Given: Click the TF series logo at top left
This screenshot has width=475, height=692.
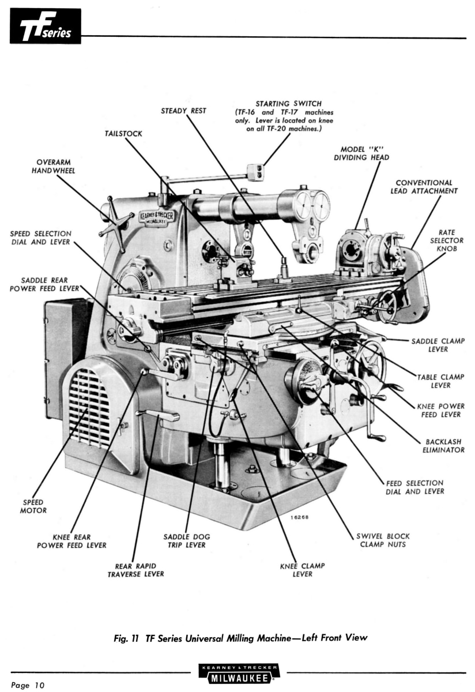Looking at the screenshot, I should pos(45,26).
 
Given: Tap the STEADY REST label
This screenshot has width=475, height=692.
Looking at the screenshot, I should pos(183,110).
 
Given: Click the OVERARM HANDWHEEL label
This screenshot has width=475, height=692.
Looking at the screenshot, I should pos(56,166).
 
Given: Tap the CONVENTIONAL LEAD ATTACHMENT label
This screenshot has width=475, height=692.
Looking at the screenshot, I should pos(424,187).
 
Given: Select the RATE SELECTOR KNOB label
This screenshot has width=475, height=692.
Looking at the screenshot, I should pos(447,240).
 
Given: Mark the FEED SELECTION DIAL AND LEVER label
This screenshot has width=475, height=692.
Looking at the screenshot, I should pos(414,487).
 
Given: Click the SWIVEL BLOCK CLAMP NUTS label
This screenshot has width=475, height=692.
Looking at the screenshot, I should pos(382,540).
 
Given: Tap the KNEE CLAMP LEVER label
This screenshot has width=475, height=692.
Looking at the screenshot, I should pos(302,570).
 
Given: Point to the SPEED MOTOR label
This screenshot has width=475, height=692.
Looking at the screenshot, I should pos(35,506).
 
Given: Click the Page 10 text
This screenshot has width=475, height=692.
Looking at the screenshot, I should pos(27,685).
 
